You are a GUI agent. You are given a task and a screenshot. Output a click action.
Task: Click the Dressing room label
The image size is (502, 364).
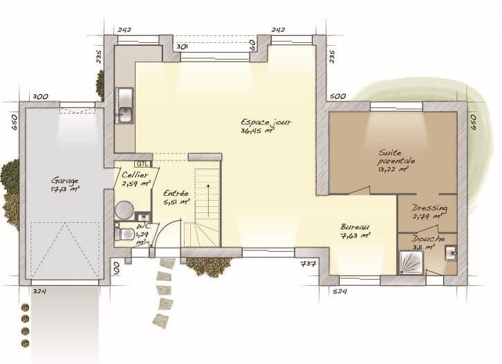point(429,208)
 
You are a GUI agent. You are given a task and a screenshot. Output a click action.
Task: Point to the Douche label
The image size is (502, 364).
point(428,239)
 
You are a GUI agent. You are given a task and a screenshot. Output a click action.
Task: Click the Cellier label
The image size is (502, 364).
point(136,175)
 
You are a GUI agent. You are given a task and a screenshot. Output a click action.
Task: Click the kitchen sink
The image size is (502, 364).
point(124,106)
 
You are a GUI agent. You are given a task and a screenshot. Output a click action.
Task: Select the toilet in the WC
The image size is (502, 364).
point(125,234)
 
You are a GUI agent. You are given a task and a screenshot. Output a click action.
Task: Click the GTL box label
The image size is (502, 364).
point(142,157)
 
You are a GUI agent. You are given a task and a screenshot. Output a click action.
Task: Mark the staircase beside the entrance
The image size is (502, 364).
point(202,208)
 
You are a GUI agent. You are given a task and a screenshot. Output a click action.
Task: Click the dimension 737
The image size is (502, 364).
point(308,264)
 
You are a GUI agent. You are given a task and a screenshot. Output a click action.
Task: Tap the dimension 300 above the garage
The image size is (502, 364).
point(40,96)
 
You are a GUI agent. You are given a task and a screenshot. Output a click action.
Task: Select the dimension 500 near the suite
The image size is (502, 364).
point(337,96)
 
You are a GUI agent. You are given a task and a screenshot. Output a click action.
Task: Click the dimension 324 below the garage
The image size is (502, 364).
point(39,291)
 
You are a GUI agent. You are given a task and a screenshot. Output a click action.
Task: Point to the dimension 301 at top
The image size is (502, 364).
point(182,46)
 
